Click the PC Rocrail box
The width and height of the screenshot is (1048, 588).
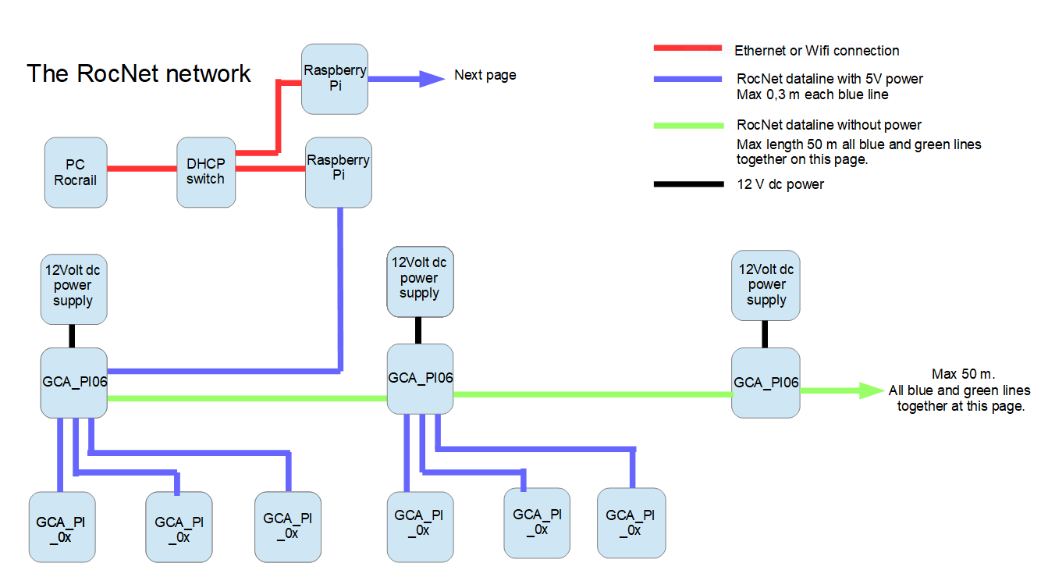pos(75,173)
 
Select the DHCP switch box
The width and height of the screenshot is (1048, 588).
pos(206,173)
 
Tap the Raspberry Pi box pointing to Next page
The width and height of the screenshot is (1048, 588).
pos(335,79)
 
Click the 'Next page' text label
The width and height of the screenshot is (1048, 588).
pos(485,76)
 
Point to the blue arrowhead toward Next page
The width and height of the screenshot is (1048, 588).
pos(431,78)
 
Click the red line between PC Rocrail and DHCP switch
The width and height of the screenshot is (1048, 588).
pos(141,168)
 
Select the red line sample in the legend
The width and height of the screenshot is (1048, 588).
pos(687,49)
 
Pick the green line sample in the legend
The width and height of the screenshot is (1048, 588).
pos(687,125)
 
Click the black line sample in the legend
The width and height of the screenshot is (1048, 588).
pos(687,185)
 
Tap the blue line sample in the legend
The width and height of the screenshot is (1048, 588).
pos(687,79)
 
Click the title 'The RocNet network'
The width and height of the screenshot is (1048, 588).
pos(139,73)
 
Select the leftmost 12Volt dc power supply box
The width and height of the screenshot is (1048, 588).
pos(73,290)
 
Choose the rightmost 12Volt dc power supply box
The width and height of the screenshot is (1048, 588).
pos(766,285)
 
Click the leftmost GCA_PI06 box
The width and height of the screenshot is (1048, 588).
pos(73,383)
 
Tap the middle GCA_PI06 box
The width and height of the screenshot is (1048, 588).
pos(421,379)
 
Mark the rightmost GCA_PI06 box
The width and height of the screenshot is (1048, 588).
pos(766,383)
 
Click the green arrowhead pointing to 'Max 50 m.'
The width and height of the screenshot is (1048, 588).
pos(871,390)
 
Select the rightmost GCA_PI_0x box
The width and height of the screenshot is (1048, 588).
pos(631,522)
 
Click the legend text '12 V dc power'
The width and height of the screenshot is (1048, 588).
pos(780,184)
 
